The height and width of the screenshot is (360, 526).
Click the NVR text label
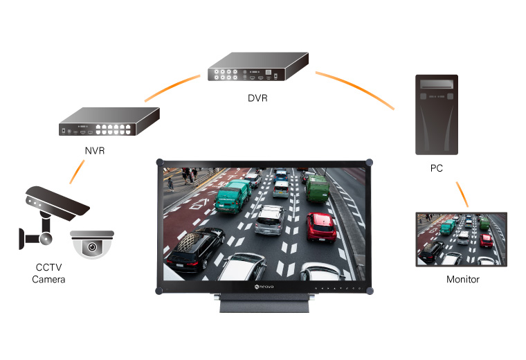[95, 151]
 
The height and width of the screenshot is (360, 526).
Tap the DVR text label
[257, 98]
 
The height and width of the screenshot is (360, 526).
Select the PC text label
[437, 168]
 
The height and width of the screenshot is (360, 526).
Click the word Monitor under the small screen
[462, 279]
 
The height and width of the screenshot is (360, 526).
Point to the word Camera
[48, 279]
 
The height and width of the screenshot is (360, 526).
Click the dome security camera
[92, 244]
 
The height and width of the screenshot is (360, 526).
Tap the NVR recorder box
[109, 121]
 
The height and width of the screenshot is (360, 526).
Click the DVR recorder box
[258, 66]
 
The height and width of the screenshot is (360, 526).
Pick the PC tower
[437, 115]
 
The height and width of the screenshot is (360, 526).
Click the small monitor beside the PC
[461, 240]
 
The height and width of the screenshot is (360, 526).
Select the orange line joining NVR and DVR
[172, 87]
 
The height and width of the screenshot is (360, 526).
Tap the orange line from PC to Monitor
[462, 195]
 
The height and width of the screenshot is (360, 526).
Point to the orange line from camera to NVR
[77, 172]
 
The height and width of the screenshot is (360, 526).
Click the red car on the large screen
[321, 227]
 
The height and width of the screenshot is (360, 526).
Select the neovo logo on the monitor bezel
[264, 287]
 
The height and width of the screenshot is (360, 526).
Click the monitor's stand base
[264, 303]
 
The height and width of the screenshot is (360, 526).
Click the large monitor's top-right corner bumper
[369, 163]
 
